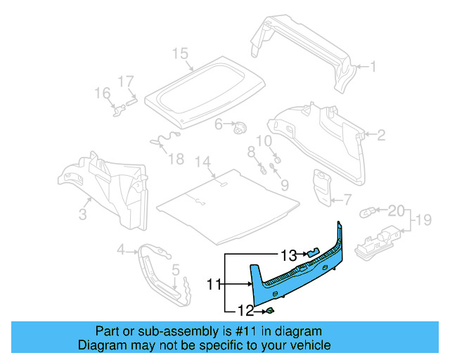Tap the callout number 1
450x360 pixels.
tap(373, 67)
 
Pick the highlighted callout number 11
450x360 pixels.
tap(214, 284)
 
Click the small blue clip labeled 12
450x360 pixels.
tap(269, 309)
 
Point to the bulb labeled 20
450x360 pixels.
tap(368, 210)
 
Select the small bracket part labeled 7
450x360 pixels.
tap(323, 186)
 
